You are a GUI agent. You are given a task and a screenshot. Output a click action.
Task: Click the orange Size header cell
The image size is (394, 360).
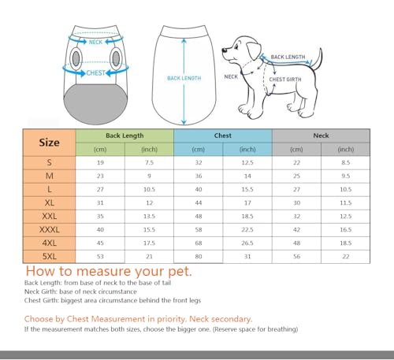[49, 143]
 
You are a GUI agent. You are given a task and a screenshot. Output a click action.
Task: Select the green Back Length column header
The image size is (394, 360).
[124, 135]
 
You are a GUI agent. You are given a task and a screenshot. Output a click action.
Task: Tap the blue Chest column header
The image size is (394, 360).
[222, 135]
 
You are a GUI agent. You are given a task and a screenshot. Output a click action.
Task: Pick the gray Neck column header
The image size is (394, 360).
[321, 135]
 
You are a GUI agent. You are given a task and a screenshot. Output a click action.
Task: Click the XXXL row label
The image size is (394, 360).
[49, 228]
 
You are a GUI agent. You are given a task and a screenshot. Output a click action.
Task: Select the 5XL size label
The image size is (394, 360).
[49, 257]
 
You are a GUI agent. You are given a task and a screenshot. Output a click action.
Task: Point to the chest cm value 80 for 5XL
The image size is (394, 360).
[198, 257]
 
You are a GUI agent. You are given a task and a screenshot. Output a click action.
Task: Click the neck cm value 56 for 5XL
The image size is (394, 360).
[296, 257]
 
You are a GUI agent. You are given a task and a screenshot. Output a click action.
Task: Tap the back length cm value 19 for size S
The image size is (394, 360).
[99, 162]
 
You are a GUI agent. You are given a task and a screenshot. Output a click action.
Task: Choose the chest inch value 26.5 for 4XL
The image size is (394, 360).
[247, 243]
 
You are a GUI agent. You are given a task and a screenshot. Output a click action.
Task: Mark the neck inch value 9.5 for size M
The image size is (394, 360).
[345, 176]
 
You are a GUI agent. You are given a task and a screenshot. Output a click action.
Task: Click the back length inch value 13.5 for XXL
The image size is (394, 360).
[148, 214]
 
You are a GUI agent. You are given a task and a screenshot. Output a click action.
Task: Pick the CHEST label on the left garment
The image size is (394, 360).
[95, 73]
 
